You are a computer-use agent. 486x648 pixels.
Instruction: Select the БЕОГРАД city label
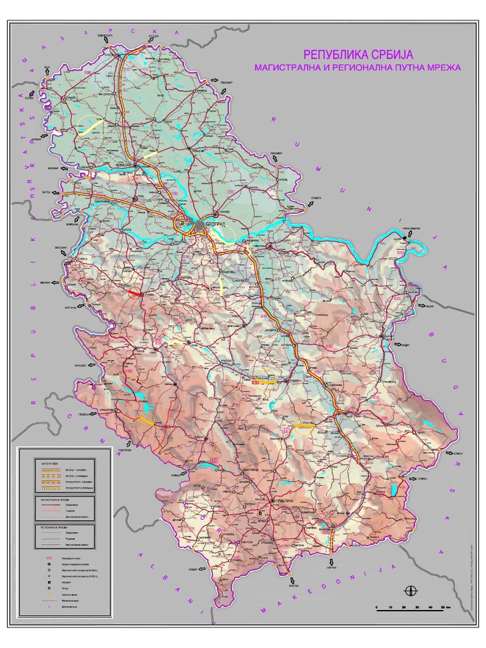click(x=216, y=226)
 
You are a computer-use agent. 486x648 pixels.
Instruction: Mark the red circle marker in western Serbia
click(x=134, y=294)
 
